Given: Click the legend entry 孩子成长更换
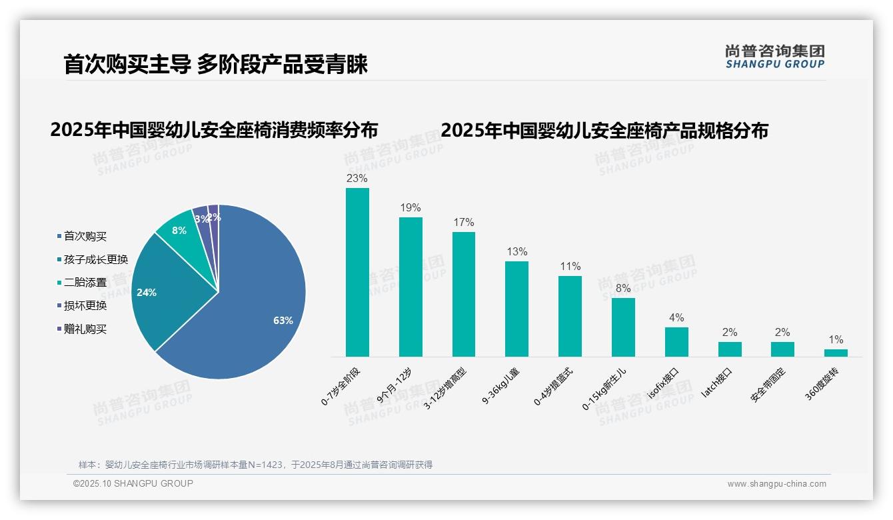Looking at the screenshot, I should [x=95, y=259].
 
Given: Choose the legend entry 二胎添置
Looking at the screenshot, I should [x=85, y=283].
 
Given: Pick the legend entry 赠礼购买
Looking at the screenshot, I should [x=85, y=329].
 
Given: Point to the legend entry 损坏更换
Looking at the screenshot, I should [x=85, y=306].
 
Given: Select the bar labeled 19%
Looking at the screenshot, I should [x=411, y=287].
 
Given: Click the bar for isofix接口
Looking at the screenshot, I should [x=676, y=342].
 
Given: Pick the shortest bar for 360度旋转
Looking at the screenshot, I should [x=836, y=353].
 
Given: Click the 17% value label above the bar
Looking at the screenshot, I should [x=464, y=222].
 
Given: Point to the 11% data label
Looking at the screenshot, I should [x=570, y=266].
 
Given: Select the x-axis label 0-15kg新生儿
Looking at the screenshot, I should [x=603, y=387].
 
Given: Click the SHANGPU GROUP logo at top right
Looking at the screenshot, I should [x=774, y=56].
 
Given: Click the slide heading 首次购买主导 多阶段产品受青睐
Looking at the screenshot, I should [x=215, y=65].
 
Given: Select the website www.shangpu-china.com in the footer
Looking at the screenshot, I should [x=776, y=484].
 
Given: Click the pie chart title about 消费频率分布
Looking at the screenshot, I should [x=214, y=129].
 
